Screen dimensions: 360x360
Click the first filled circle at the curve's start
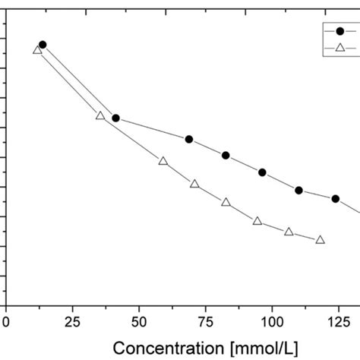click(43, 45)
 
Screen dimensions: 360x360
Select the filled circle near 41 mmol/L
click(115, 118)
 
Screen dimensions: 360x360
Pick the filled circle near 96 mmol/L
click(262, 172)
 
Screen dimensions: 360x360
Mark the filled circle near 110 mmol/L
click(298, 190)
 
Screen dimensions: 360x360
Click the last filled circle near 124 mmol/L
click(335, 198)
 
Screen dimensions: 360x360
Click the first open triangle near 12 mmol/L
click(37, 50)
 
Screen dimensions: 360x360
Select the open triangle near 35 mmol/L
click(99, 115)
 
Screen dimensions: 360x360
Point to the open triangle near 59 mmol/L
click(163, 161)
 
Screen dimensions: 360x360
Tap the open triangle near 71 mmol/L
click(194, 184)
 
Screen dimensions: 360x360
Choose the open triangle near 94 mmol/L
click(257, 221)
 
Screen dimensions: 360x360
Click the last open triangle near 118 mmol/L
click(320, 240)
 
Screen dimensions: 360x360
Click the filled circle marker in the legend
click(339, 31)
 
